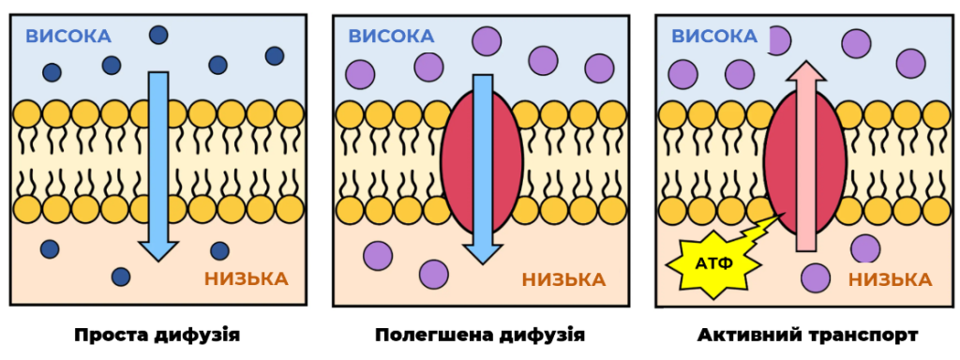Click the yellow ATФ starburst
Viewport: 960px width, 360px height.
[712, 264]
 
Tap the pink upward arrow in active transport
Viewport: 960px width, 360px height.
[805, 157]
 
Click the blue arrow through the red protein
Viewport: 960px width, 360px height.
[483, 170]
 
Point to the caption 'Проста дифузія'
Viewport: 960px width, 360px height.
[157, 336]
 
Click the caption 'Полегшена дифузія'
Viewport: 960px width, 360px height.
[480, 336]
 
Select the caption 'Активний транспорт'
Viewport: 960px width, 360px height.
[807, 336]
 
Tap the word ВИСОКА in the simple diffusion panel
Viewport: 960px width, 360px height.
[68, 37]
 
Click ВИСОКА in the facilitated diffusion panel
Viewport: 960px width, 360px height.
[392, 37]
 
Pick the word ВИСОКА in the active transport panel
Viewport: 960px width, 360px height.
[714, 37]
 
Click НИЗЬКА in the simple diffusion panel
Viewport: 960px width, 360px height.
[247, 278]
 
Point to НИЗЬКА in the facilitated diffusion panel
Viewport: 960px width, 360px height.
[563, 279]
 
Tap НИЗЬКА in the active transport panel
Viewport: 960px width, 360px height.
[891, 279]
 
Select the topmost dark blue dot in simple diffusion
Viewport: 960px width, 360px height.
[159, 35]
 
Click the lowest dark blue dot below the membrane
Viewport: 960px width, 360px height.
[121, 277]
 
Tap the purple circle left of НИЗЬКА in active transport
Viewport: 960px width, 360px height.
[817, 277]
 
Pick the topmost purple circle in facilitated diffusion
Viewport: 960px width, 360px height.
[487, 41]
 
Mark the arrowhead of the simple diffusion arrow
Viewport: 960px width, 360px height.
[157, 251]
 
